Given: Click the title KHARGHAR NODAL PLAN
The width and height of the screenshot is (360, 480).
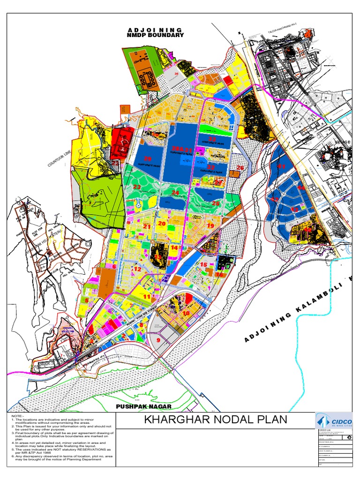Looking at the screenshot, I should click(x=216, y=420).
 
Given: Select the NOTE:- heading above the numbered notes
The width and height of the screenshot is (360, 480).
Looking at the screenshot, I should click(x=17, y=416).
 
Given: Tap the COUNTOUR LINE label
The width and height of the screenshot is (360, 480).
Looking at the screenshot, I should click(x=61, y=157).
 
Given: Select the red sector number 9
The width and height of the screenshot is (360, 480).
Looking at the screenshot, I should click(x=158, y=341).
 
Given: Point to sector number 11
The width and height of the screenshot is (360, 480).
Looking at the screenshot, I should click(x=147, y=297).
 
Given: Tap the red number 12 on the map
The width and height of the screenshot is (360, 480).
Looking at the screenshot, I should click(x=137, y=270).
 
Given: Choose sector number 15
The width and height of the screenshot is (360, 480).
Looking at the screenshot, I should click(x=203, y=265).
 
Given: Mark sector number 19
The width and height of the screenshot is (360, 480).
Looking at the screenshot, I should click(x=210, y=226).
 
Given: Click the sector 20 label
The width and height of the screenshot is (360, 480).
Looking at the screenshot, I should click(x=162, y=224).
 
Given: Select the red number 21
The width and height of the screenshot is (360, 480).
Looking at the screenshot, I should click(x=147, y=226).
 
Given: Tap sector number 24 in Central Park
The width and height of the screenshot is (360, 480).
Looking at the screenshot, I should click(x=175, y=192).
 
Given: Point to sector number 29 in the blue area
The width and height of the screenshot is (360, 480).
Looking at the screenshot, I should click(x=148, y=158).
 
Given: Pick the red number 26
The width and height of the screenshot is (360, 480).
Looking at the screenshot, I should click(x=240, y=167).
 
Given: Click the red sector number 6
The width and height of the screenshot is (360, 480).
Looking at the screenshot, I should click(x=114, y=266).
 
